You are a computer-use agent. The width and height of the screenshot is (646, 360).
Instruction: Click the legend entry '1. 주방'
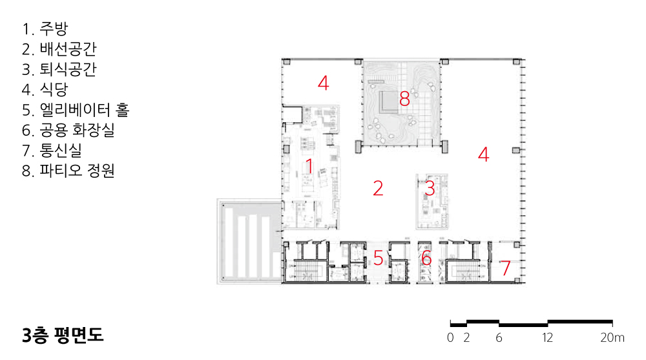pos(45,29)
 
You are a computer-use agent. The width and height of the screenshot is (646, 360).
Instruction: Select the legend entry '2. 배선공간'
pos(59,49)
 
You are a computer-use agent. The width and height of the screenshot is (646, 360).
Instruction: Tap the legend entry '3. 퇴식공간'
pos(59,69)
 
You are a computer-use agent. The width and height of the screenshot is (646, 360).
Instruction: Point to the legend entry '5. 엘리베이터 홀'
pos(76,110)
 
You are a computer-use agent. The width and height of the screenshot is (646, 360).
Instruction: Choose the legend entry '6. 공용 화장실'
pos(68,130)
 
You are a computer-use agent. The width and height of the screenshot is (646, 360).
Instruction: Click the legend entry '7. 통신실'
pos(52,150)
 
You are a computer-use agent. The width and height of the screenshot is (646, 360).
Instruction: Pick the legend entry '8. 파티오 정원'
pos(68,171)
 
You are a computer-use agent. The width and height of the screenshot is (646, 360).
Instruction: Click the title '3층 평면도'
pos(63,335)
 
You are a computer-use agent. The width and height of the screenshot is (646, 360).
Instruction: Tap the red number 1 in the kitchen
pos(309,167)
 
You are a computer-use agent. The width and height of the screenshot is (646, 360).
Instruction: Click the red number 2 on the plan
pos(378,188)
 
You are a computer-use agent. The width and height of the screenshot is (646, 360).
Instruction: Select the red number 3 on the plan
pos(430,188)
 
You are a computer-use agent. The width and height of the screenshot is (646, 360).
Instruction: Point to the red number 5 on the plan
pos(378,258)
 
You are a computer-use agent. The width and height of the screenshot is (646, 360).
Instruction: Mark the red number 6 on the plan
pos(426,258)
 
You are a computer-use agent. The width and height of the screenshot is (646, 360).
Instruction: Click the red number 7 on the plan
pos(506,268)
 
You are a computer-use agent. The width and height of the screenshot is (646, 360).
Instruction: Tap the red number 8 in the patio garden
pos(404,98)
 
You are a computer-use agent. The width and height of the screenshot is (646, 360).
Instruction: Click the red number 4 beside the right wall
pos(483,154)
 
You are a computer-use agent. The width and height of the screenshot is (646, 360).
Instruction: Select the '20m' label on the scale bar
pos(612,338)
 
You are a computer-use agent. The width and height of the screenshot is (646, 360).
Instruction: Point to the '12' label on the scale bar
pos(547,338)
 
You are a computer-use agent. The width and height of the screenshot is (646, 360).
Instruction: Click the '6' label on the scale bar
pos(499,338)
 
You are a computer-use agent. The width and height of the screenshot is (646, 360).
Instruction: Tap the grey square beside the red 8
pos(388,102)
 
